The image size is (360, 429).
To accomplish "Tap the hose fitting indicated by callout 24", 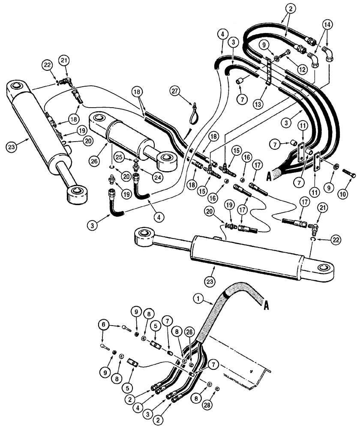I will coord(137,177).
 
